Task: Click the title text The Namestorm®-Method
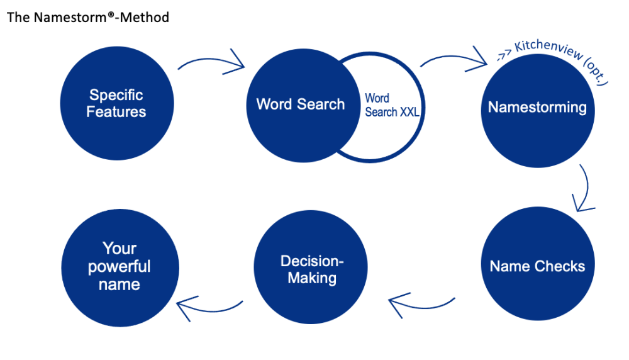pos(87,18)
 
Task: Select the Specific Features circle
pos(116,103)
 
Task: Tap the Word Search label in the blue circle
pos(300,104)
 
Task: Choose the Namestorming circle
pos(537,108)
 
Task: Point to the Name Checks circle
pos(537,266)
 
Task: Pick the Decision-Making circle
pos(311,269)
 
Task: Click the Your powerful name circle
pos(120,267)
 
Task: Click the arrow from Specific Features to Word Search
pos(211,61)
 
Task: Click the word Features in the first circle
pos(116,112)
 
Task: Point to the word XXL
pos(409,112)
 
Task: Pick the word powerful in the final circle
pos(120,266)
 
